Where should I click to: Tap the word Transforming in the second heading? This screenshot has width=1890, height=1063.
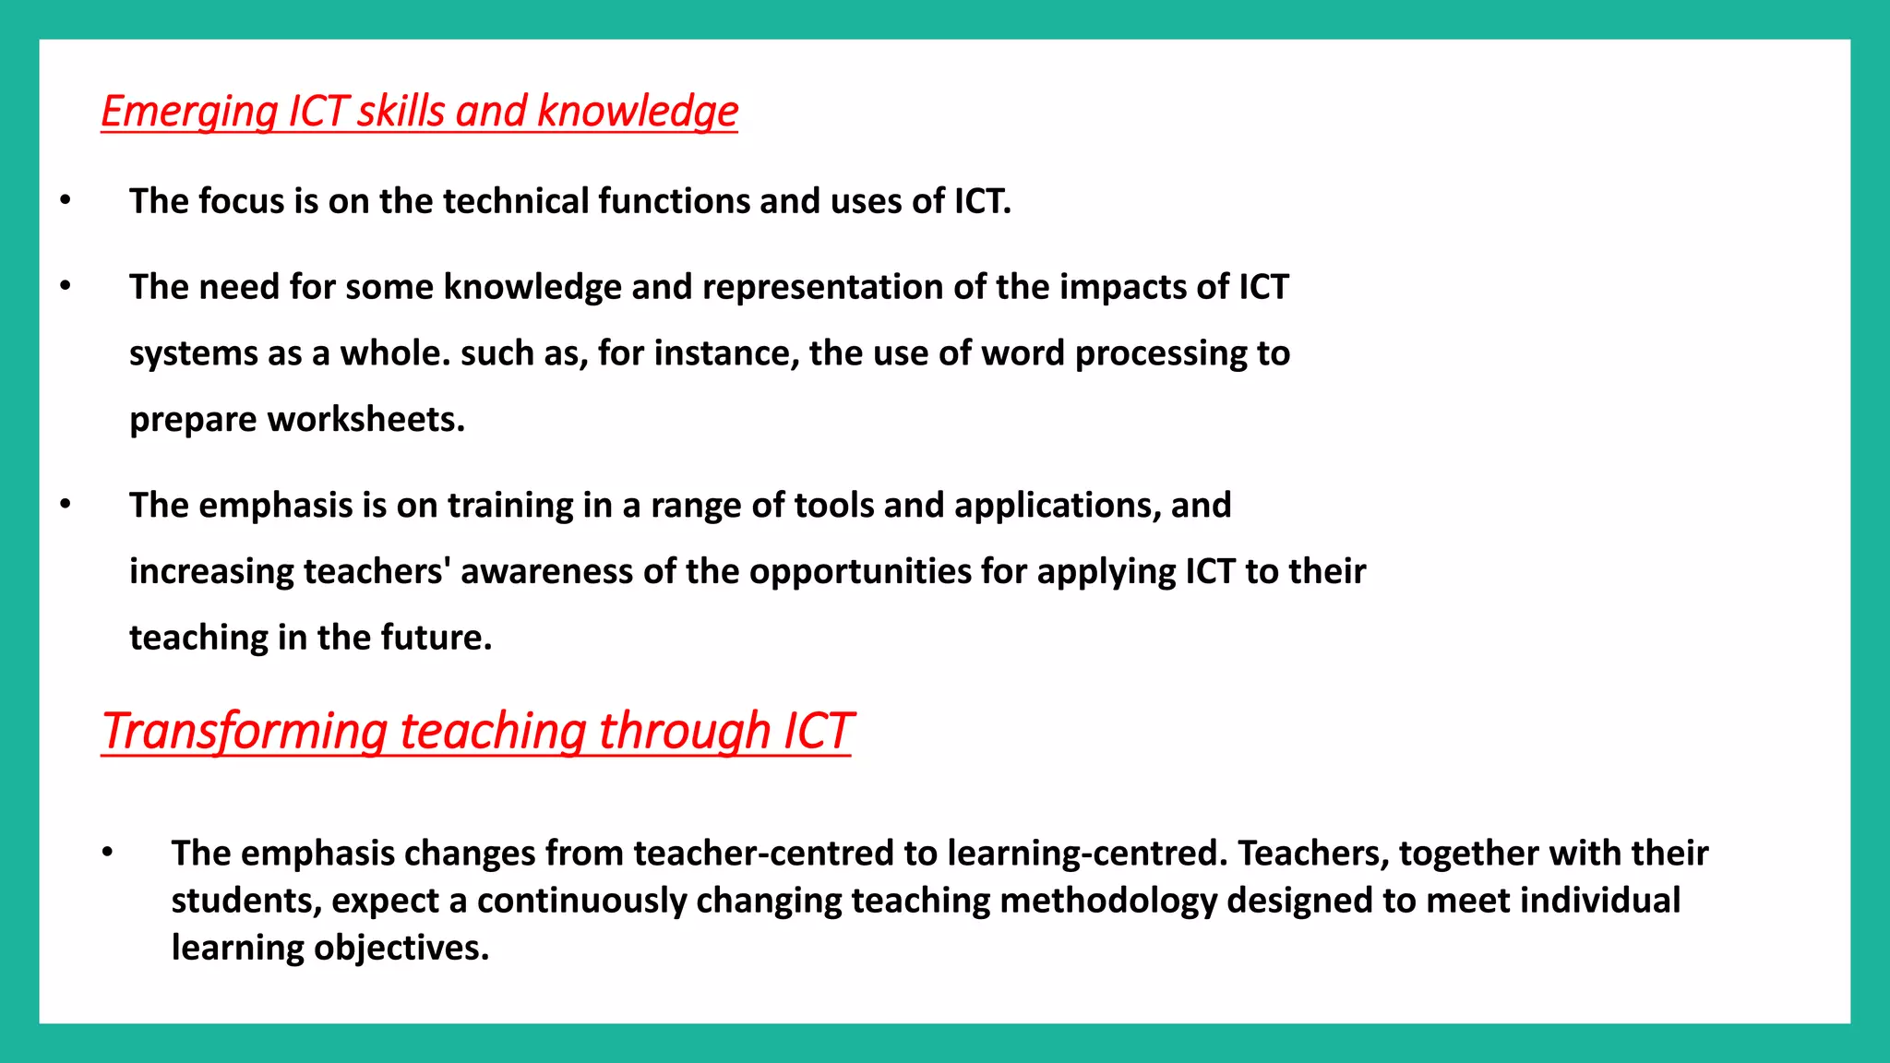(x=245, y=731)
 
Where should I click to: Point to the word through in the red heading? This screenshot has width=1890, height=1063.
(x=684, y=731)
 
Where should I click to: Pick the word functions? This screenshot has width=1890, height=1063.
(x=674, y=201)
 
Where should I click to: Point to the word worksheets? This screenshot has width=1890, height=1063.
(x=365, y=420)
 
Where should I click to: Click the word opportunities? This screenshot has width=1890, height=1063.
(x=860, y=572)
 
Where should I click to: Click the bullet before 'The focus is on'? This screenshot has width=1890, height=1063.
(x=65, y=200)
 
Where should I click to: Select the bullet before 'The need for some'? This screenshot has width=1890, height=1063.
(x=65, y=286)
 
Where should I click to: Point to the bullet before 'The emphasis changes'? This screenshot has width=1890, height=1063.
(x=107, y=853)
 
